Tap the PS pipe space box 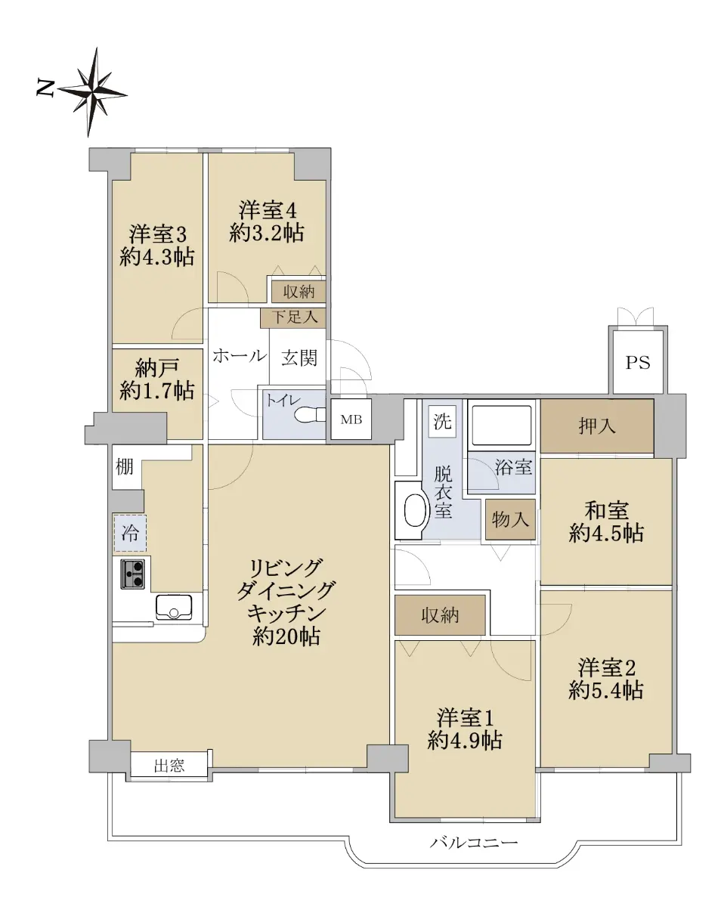pos(637,362)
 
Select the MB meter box pos(351,419)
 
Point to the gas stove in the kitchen pos(132,574)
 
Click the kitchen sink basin pos(174,607)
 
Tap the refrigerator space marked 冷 pos(130,533)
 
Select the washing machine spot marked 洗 pos(442,420)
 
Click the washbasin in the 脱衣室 pos(414,510)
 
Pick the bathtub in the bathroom pos(502,425)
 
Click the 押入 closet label pos(597,426)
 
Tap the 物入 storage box pos(510,519)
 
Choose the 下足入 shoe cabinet pos(293,317)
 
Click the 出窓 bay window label pos(169,766)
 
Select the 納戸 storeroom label pos(156,369)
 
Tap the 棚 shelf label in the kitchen pos(124,466)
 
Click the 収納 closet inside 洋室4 pos(299,292)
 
